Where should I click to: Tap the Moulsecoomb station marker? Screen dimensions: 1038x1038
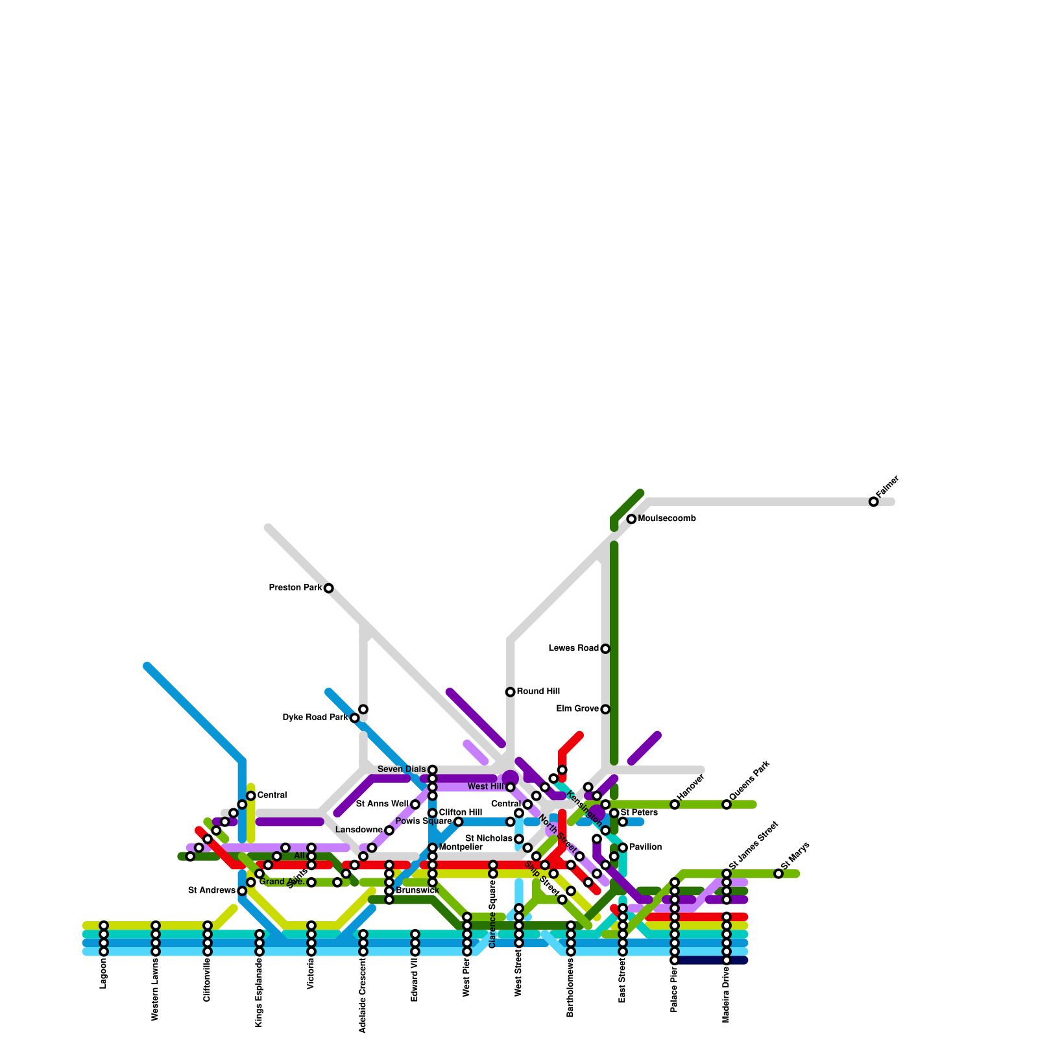(631, 519)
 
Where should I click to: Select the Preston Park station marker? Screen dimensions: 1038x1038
(329, 588)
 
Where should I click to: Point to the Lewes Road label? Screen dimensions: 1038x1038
(573, 649)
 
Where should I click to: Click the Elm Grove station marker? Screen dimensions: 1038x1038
(605, 709)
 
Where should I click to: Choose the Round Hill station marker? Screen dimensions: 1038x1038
(511, 692)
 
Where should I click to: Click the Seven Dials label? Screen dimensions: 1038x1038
(402, 769)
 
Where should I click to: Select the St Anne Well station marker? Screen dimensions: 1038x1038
(415, 804)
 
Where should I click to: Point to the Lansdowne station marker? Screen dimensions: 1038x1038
(389, 830)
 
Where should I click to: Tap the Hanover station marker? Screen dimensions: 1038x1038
(675, 804)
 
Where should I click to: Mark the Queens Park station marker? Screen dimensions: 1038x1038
(727, 804)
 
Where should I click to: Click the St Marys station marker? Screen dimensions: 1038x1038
(779, 874)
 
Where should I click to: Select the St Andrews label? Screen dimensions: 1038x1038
(211, 891)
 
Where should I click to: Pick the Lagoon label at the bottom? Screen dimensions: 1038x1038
(103, 974)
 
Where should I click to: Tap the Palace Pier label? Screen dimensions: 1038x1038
(675, 989)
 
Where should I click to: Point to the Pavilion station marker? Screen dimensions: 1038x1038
(623, 848)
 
